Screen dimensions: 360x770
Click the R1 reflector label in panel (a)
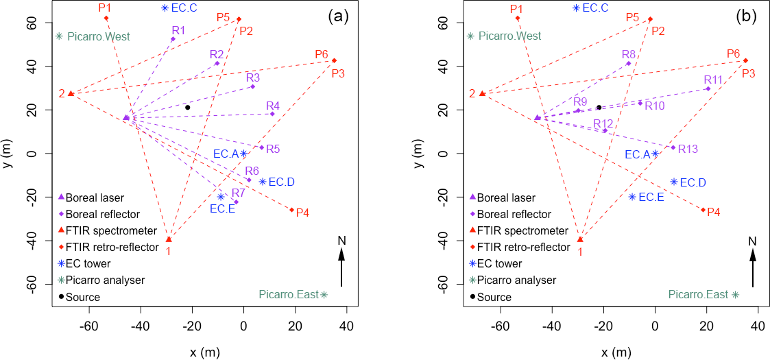coord(179,30)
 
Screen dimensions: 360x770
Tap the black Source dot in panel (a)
coord(187,107)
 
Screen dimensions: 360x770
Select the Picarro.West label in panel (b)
coord(509,36)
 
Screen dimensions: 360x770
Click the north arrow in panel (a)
coord(341,261)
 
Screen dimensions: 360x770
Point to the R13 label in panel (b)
coord(688,149)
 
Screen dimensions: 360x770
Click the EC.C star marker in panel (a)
coord(165,8)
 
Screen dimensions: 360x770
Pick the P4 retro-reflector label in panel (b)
coord(714,212)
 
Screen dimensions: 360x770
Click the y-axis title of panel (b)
coord(420,154)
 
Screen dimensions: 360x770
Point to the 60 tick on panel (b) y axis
coord(443,23)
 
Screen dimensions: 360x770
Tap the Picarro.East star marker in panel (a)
coord(324,295)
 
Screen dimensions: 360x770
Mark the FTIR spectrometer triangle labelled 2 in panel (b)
coord(482,93)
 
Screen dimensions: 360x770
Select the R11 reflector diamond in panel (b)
coord(708,88)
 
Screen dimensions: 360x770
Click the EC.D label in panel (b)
coord(693,182)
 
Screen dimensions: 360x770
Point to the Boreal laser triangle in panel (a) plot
coord(126,118)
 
